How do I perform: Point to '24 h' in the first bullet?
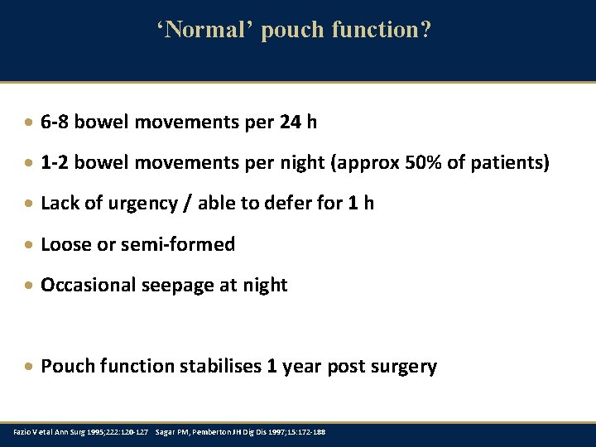click(x=298, y=123)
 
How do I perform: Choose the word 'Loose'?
click(x=65, y=244)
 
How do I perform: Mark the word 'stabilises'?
click(x=218, y=366)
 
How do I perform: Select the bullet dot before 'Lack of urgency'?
click(x=30, y=204)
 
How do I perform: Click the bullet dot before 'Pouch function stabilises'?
click(x=30, y=367)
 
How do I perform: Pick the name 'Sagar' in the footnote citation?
click(x=164, y=432)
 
